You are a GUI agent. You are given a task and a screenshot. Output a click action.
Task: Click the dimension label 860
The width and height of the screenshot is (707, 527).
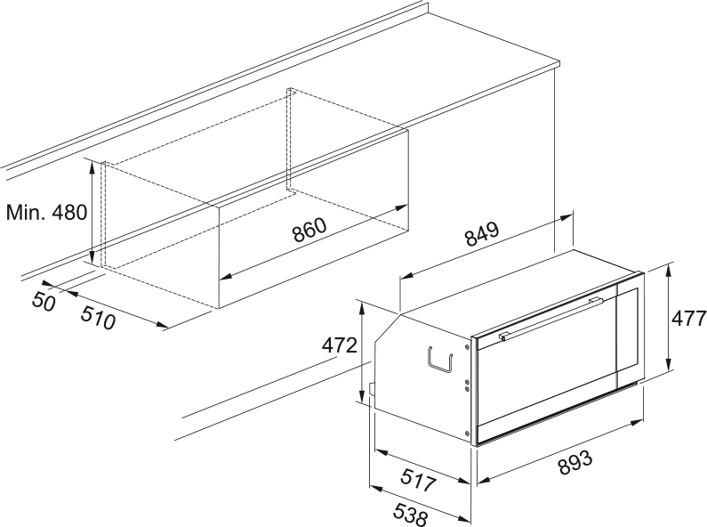tap(309, 230)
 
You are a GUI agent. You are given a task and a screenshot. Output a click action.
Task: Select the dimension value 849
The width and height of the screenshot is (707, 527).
tap(483, 234)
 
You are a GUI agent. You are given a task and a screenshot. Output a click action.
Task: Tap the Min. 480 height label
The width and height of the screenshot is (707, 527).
tap(46, 212)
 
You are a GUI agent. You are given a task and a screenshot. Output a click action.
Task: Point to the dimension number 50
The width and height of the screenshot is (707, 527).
tap(44, 302)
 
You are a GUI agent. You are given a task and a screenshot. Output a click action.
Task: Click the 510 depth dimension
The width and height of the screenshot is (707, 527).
tap(98, 318)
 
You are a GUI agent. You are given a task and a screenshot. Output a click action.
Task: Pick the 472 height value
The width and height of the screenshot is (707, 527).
tap(339, 345)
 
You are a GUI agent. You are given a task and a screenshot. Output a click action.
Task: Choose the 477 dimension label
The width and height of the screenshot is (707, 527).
tap(688, 319)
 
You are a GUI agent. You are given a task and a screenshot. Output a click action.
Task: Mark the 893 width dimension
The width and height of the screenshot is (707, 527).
tap(574, 463)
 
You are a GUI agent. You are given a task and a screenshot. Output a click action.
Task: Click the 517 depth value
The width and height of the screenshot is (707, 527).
tap(419, 480)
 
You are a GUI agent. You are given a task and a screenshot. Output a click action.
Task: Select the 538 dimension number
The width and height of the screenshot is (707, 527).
tap(410, 515)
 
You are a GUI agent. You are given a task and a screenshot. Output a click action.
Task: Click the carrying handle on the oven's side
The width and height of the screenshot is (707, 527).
tap(439, 360)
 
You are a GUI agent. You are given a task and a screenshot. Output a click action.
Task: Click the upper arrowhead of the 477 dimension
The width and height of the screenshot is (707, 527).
tap(669, 270)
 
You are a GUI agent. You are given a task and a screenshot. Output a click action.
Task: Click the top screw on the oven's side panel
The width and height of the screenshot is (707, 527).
tap(467, 346)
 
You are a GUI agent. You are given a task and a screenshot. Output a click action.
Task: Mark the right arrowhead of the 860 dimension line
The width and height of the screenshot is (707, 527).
tap(401, 208)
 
